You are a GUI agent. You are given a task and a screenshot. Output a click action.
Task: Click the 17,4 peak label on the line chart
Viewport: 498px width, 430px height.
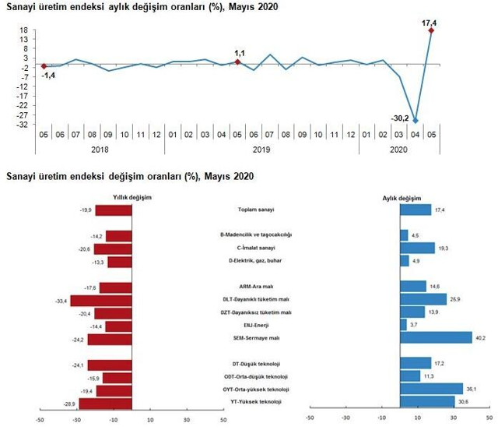(428, 23)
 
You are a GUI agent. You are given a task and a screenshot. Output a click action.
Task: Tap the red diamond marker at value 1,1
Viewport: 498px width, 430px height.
(238, 62)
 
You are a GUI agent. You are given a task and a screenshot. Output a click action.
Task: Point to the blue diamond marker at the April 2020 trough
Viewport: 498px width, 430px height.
(416, 121)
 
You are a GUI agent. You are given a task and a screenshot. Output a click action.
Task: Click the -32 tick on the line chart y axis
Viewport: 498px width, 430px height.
(24, 124)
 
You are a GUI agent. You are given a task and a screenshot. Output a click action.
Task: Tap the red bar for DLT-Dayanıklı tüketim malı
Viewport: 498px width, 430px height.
(102, 300)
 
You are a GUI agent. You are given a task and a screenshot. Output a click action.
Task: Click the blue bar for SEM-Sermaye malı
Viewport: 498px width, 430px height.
(436, 337)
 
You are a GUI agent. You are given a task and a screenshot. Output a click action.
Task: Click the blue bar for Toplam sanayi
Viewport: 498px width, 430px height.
(415, 210)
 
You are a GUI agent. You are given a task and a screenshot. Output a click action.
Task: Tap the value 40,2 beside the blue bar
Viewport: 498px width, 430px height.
(481, 337)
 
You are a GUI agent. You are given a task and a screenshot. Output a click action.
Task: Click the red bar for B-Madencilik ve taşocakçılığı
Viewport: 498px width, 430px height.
(119, 236)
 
